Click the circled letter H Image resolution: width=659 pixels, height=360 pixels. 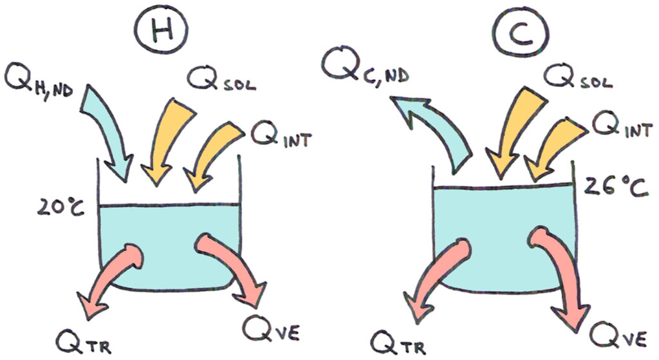click(160, 30)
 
